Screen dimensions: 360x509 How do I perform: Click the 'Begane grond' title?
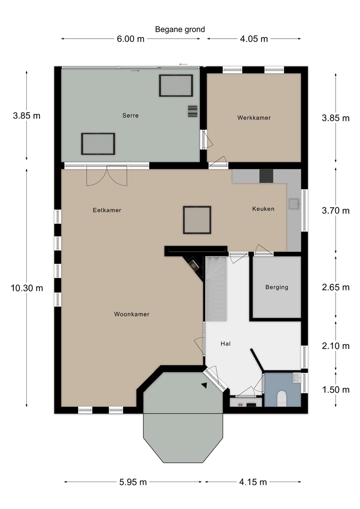[x=180, y=29]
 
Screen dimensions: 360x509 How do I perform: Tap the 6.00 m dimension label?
[x=131, y=39]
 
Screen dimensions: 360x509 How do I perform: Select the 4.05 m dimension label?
[x=254, y=39]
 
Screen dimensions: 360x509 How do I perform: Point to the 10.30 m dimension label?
[x=27, y=288]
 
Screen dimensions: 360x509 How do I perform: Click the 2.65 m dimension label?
[x=336, y=287]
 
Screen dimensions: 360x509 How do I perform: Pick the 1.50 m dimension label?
[x=336, y=390]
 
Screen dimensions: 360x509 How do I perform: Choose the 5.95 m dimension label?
[x=133, y=482]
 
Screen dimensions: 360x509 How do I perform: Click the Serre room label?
[x=131, y=116]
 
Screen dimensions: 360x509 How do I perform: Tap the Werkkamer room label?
[x=254, y=118]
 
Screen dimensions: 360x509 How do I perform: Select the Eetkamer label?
[x=107, y=210]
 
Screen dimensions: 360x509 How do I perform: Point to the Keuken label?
[x=263, y=209]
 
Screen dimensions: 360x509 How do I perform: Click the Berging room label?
[x=277, y=287]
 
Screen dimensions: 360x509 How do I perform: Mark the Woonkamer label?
[x=132, y=314]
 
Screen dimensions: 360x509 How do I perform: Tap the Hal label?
[x=225, y=344]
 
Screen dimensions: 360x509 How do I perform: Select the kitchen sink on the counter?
[x=295, y=203]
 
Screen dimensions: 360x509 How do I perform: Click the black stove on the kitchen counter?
[x=266, y=176]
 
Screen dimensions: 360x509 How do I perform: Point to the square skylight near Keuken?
[x=197, y=220]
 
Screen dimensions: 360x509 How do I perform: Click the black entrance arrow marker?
[x=204, y=385]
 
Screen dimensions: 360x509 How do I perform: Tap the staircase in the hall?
[x=216, y=288]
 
